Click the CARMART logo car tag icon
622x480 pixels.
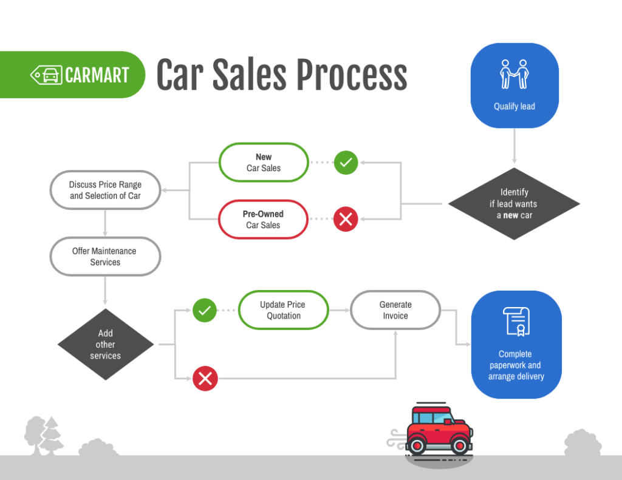(46, 75)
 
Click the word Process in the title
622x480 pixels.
(352, 75)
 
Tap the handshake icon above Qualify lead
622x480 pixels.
(514, 74)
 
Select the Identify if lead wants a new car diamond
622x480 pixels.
(514, 204)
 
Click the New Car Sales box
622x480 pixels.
(264, 163)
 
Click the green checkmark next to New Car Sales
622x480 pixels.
(346, 163)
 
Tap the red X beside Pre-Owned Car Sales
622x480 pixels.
(346, 220)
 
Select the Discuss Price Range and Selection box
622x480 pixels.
(105, 190)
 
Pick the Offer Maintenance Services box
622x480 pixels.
(105, 257)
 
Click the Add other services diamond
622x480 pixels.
(106, 345)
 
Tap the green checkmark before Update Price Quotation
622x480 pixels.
(205, 310)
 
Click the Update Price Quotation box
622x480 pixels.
(283, 310)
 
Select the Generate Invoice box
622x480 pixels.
(395, 310)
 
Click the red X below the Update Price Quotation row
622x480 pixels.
(205, 379)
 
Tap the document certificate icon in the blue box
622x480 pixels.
(516, 322)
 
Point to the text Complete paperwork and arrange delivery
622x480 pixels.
(516, 365)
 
